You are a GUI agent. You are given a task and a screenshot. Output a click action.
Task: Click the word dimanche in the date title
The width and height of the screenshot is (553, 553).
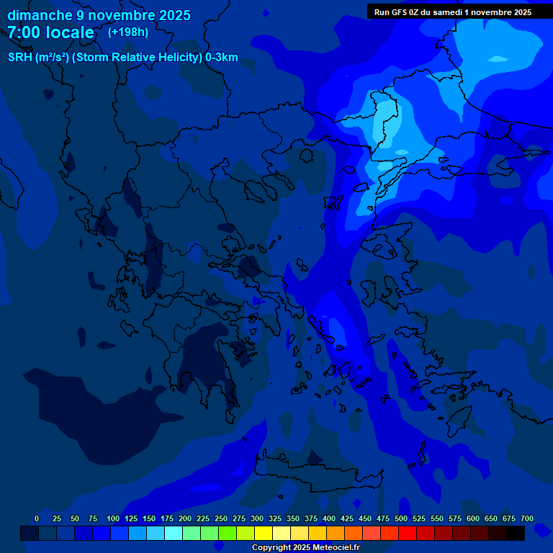tap(40, 15)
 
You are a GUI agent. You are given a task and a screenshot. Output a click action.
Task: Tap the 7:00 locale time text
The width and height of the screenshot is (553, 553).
tap(50, 32)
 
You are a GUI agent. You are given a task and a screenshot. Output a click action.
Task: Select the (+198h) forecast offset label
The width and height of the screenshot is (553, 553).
tap(128, 32)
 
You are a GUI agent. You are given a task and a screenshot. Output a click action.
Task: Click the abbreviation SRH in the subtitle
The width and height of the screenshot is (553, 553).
tap(19, 58)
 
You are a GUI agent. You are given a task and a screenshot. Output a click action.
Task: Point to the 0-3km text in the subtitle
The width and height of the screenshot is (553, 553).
tap(222, 58)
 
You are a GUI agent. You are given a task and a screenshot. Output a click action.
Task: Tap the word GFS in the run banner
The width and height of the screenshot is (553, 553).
tap(399, 12)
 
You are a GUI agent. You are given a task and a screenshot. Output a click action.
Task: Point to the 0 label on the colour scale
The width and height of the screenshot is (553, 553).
tap(37, 518)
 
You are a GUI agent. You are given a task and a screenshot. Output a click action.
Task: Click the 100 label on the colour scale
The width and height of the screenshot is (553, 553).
tap(113, 518)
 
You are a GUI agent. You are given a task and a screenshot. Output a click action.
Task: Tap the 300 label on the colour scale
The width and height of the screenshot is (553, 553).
tap(257, 518)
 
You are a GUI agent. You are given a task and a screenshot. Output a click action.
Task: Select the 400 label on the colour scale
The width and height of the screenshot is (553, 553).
tap(329, 518)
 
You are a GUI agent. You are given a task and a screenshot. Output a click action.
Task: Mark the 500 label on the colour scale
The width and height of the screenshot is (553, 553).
tap(401, 518)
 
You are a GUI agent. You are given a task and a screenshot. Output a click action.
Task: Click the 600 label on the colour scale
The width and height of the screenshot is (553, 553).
tap(473, 518)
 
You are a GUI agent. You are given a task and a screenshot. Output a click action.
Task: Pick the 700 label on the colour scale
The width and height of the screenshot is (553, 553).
tap(527, 518)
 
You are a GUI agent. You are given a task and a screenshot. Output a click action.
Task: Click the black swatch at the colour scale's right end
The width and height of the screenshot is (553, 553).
tap(516, 533)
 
